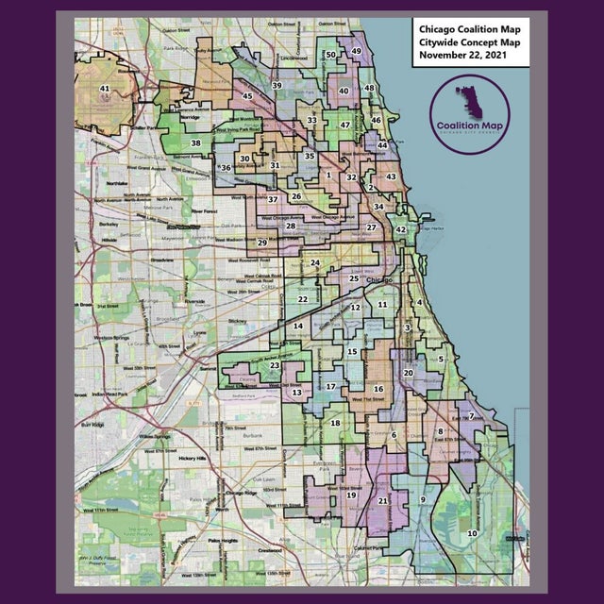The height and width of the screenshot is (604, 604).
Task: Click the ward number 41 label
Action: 105,89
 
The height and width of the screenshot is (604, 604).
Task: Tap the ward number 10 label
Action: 471,533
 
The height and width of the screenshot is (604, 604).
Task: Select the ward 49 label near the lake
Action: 356,50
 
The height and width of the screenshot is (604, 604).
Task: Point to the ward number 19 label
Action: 351,495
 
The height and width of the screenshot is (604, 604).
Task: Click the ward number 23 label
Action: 275,364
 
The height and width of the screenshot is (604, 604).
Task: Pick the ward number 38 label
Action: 195,143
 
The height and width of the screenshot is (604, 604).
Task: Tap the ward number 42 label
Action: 401,229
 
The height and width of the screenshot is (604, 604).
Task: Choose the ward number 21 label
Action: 382,500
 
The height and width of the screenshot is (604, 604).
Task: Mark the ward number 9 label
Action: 423,499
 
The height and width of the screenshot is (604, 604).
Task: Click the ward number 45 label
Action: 246,96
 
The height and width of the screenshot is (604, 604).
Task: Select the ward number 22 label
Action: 303,299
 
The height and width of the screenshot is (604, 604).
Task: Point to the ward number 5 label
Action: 441,359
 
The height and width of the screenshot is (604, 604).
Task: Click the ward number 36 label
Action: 226,168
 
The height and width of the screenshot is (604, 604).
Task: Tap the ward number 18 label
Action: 335,423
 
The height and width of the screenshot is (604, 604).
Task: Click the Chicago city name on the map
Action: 378,280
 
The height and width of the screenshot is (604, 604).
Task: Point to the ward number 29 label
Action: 262,243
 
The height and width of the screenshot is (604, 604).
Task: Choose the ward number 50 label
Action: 330,55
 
